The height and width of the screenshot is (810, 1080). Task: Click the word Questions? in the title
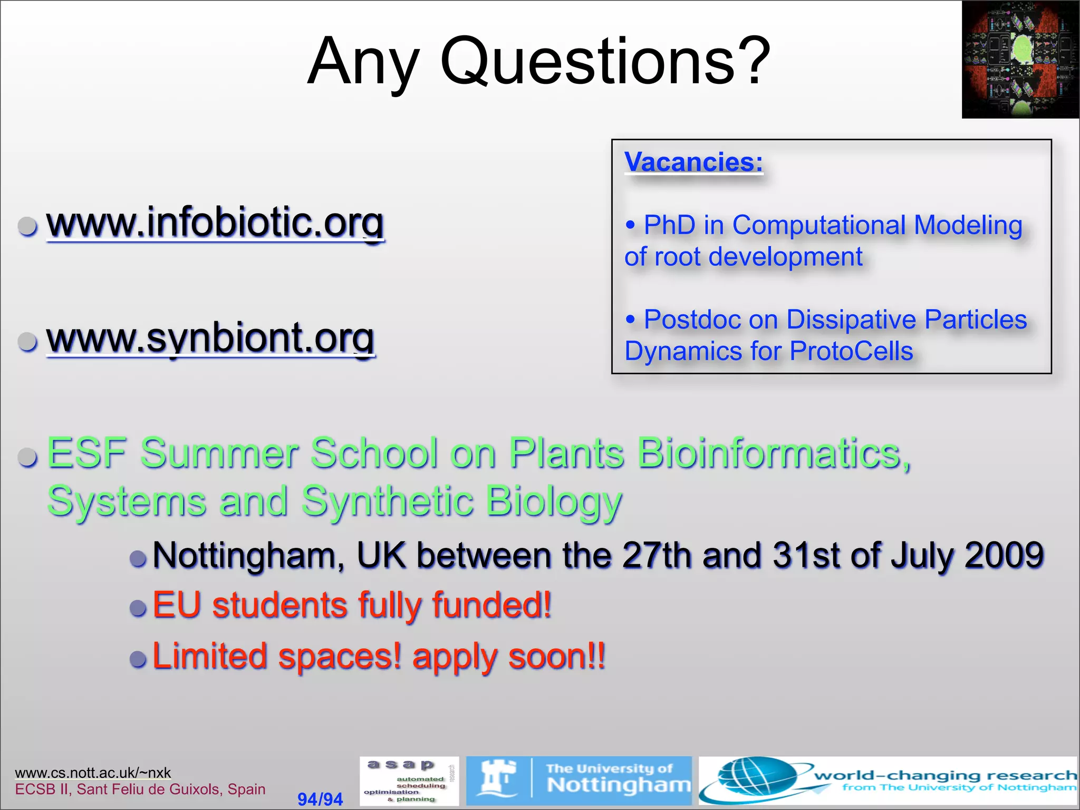pyautogui.click(x=605, y=62)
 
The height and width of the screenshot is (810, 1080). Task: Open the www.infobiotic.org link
pyautogui.click(x=215, y=223)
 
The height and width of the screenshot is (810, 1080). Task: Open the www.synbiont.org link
pyautogui.click(x=210, y=338)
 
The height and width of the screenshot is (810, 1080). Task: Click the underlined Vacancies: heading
pyautogui.click(x=693, y=162)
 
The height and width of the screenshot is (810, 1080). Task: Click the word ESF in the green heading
pyautogui.click(x=86, y=453)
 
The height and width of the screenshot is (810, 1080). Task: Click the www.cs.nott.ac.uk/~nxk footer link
pyautogui.click(x=93, y=773)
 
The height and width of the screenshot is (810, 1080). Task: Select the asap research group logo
pyautogui.click(x=409, y=781)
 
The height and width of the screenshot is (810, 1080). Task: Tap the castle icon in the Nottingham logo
pyautogui.click(x=497, y=778)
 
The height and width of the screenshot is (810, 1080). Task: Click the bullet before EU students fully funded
pyautogui.click(x=138, y=607)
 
